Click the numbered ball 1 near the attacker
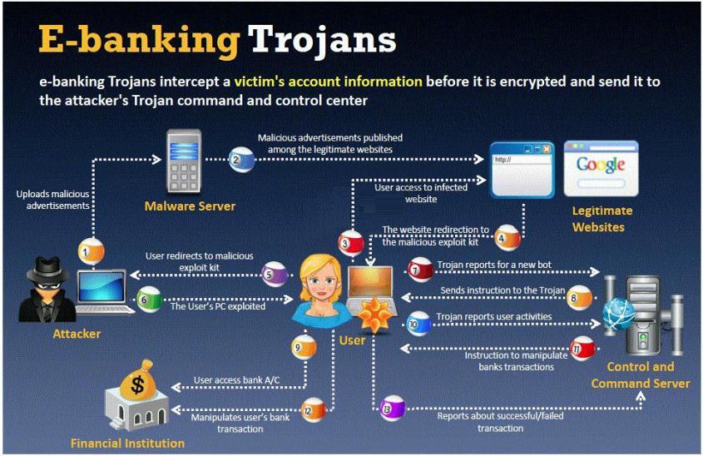tap(91, 252)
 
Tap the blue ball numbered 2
tap(241, 160)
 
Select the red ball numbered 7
tap(420, 270)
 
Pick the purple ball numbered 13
tap(393, 408)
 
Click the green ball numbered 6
tap(149, 300)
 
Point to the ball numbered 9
tap(304, 347)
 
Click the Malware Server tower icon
tap(184, 161)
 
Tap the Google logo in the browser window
tap(601, 165)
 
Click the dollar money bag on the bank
tap(137, 382)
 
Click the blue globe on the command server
tap(619, 315)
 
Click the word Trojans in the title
tap(322, 40)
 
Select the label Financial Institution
tap(128, 444)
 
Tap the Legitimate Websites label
tap(602, 219)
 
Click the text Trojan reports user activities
tap(494, 316)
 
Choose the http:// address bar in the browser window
tap(522, 160)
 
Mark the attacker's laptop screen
tap(101, 287)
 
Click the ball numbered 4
tap(507, 238)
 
